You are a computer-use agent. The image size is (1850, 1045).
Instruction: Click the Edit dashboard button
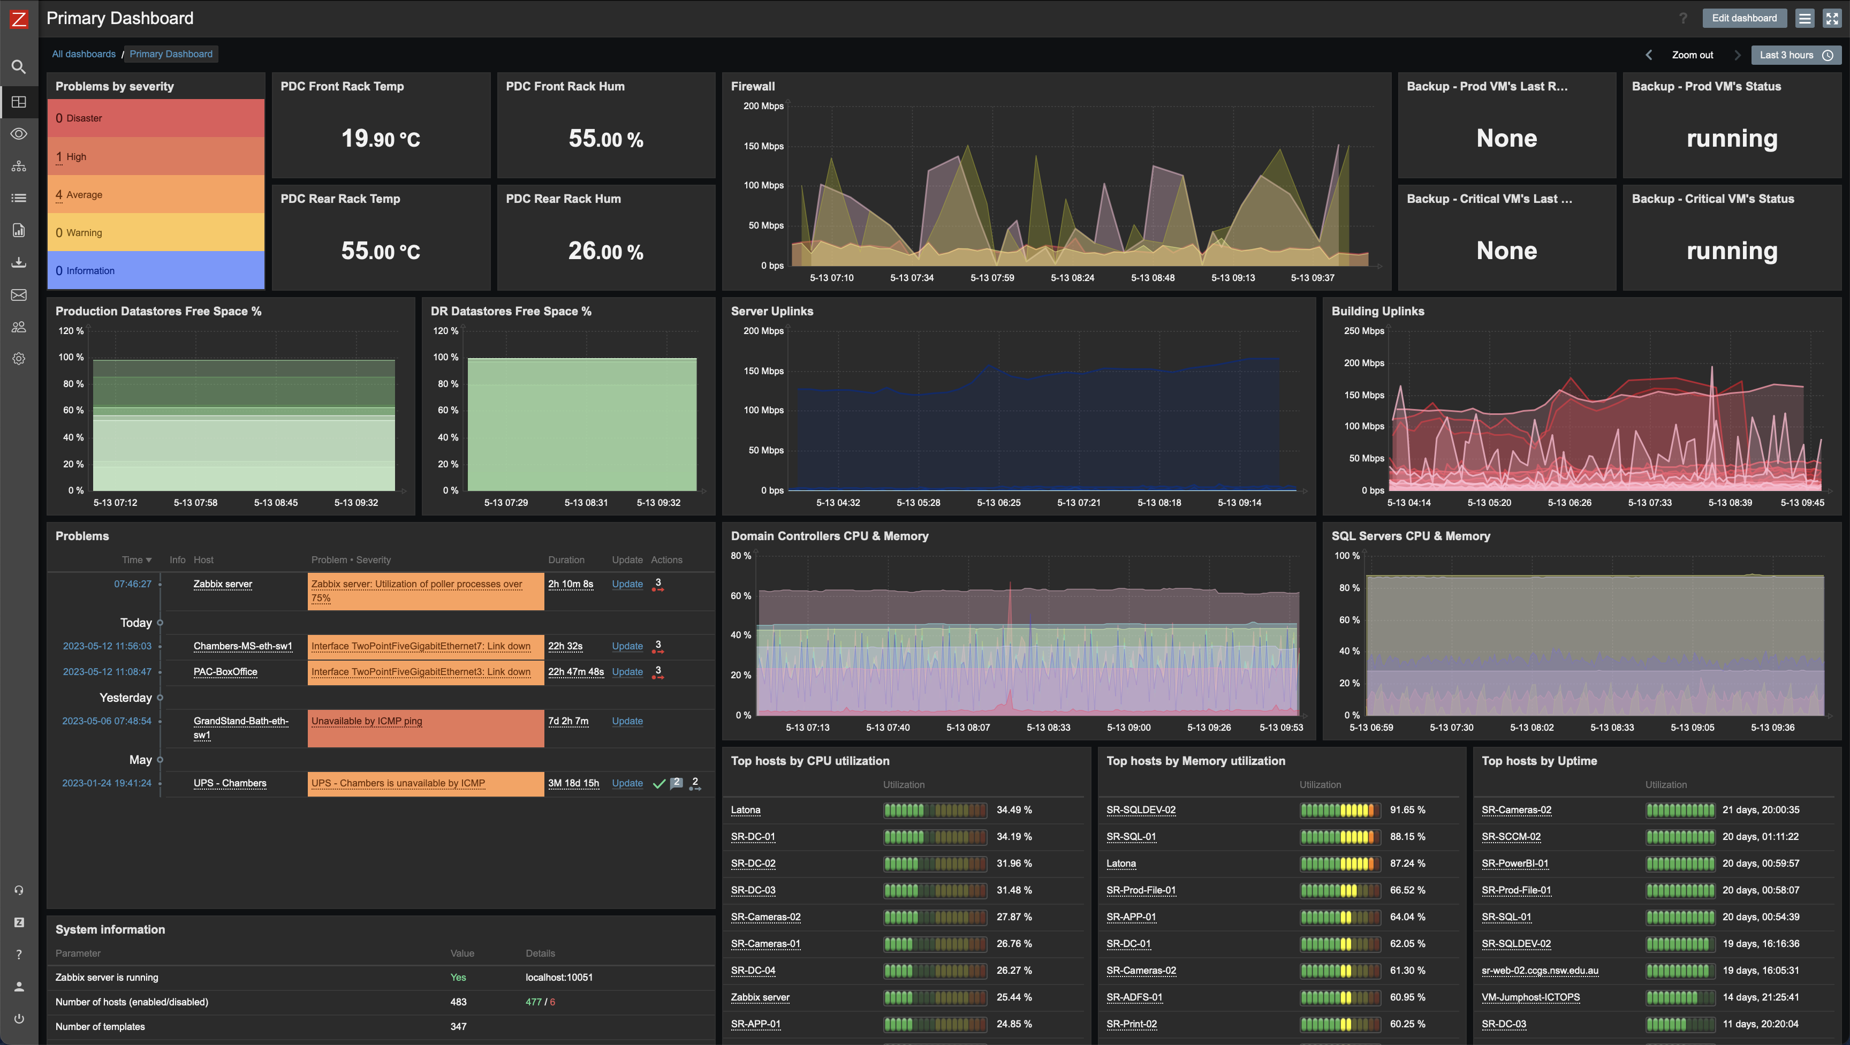click(1743, 18)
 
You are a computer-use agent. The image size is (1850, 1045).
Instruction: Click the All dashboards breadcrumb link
click(84, 54)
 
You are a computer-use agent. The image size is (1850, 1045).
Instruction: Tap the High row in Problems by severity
click(155, 156)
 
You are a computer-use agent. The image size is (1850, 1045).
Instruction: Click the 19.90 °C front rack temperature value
click(380, 138)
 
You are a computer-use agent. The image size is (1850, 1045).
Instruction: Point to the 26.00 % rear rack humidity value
click(605, 251)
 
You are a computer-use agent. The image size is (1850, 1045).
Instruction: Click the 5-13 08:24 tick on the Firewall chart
click(1072, 277)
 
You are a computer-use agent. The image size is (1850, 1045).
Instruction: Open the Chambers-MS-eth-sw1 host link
click(242, 646)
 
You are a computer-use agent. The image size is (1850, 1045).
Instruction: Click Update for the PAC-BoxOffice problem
click(627, 671)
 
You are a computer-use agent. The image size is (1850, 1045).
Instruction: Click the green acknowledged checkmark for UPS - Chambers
click(658, 784)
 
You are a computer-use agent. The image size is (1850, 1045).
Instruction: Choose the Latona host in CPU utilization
click(746, 809)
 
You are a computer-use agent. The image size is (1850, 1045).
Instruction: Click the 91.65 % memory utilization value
click(1407, 809)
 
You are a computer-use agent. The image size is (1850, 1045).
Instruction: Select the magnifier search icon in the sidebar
click(19, 67)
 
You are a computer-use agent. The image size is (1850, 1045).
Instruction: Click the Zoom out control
click(1692, 55)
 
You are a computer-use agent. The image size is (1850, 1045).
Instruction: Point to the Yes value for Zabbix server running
click(458, 978)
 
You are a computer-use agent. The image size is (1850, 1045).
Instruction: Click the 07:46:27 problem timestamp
click(133, 584)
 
